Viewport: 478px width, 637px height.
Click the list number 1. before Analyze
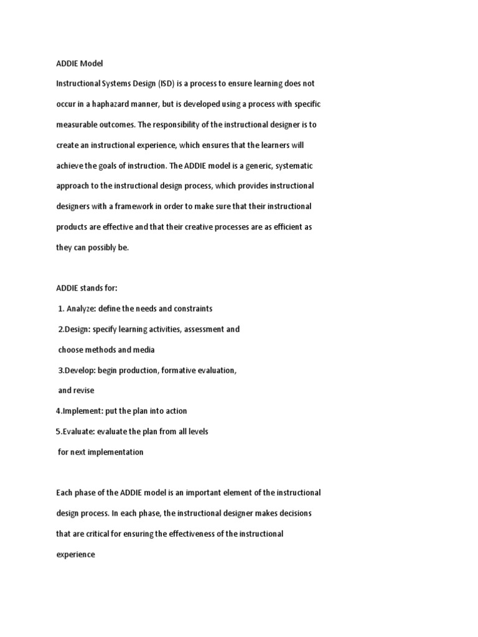(x=61, y=309)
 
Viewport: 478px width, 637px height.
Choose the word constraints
(x=192, y=309)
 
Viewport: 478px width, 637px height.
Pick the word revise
(x=83, y=391)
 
